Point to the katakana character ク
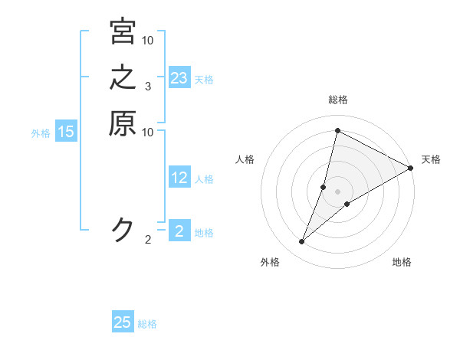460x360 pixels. click(123, 229)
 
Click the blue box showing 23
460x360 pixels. click(179, 78)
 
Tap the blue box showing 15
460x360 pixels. click(66, 133)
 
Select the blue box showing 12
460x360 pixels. click(179, 178)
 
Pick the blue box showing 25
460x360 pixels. click(123, 322)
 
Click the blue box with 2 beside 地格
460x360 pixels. click(179, 231)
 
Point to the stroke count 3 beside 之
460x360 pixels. click(147, 87)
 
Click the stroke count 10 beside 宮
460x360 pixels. click(148, 40)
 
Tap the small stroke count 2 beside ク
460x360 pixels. click(148, 241)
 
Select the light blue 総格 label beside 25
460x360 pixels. click(148, 324)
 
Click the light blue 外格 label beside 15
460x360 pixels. click(41, 133)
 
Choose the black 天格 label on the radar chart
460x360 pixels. click(431, 159)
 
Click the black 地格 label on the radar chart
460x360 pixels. click(402, 263)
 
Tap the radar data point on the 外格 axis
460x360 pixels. click(302, 242)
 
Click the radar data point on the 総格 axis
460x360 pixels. click(337, 130)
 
